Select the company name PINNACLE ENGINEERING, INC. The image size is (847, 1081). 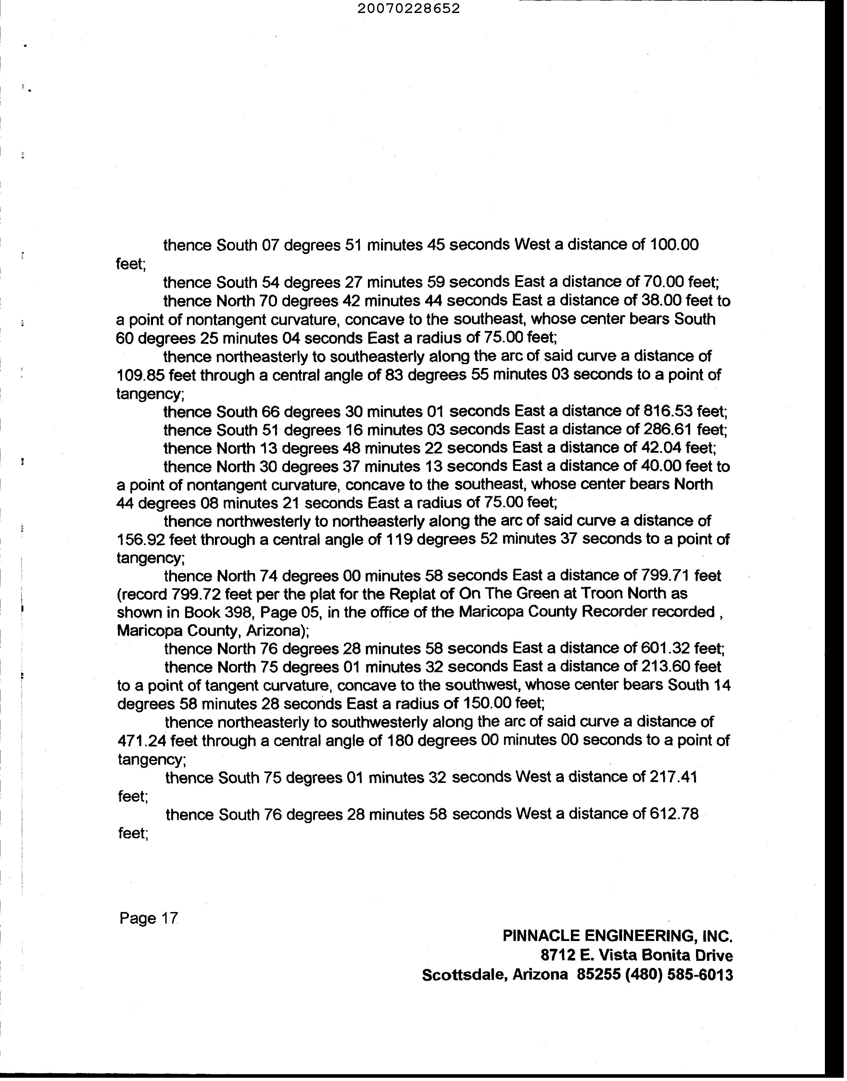pyautogui.click(x=617, y=936)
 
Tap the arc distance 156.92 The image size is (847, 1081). pyautogui.click(x=140, y=540)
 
